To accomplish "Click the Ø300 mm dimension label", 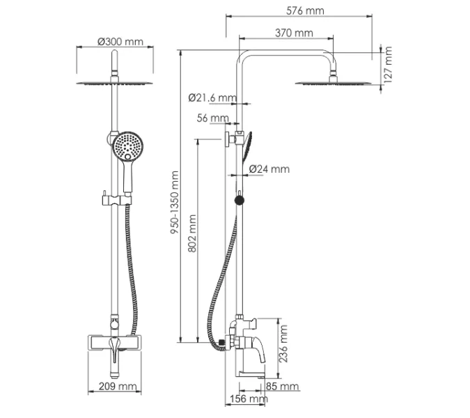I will coord(120,41).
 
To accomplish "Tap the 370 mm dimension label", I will coord(293,33).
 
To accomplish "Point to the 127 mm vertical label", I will coord(389,65).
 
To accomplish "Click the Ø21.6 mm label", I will coord(212,98).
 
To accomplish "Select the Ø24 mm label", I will coord(269,169).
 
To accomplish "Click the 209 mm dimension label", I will coord(117,386).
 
